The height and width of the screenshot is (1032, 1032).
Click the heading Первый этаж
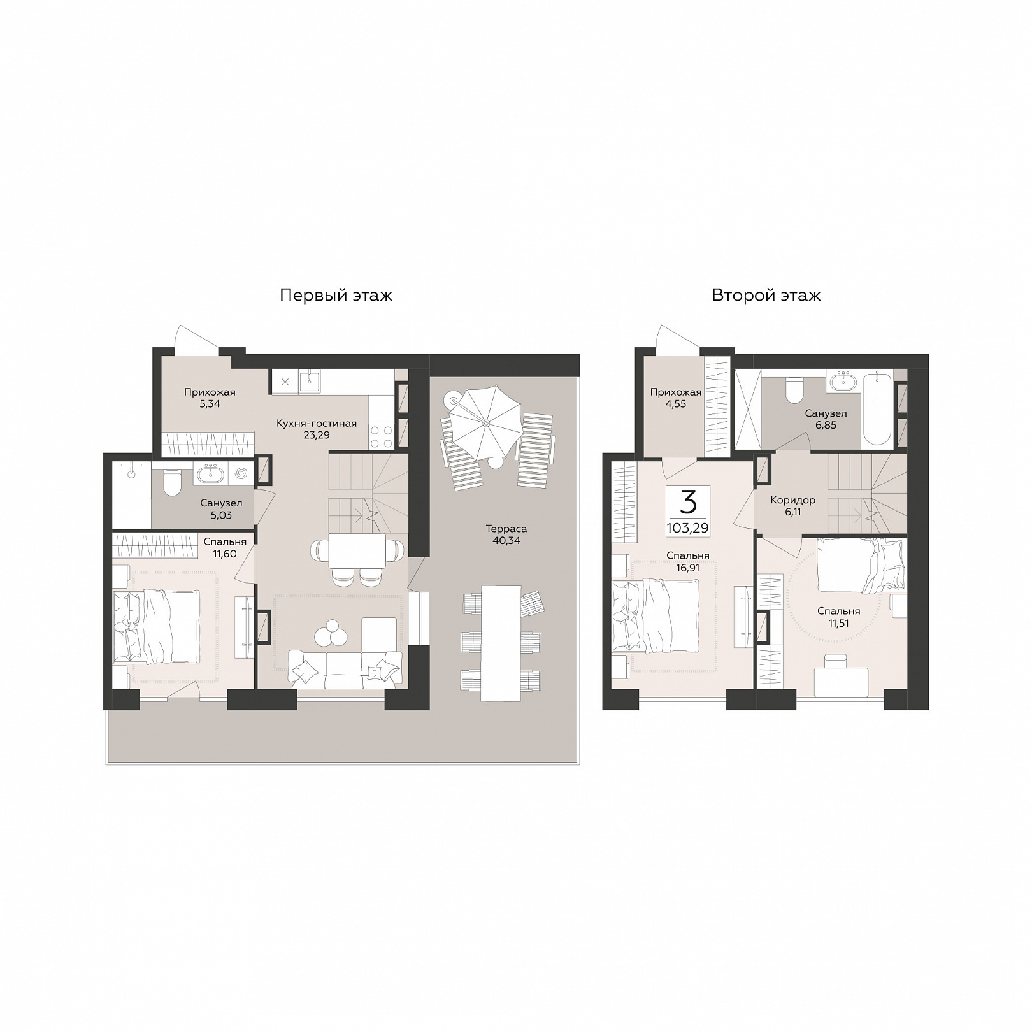(x=336, y=296)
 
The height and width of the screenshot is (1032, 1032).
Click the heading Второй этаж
(x=766, y=296)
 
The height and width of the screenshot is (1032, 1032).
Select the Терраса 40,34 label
(x=506, y=534)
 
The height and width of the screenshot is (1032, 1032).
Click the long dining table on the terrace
(x=501, y=643)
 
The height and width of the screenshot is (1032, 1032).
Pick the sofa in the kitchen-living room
(x=345, y=669)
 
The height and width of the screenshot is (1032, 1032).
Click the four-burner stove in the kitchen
(x=381, y=436)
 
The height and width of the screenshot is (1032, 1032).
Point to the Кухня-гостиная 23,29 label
(x=317, y=429)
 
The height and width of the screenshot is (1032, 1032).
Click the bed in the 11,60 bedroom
(x=157, y=626)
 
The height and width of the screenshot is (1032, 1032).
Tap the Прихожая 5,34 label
(x=210, y=398)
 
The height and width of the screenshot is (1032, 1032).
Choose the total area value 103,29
(x=687, y=528)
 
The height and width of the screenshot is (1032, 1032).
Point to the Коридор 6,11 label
(x=792, y=506)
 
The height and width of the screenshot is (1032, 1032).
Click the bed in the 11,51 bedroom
(x=861, y=564)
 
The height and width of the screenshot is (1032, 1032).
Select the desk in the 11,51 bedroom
(x=842, y=682)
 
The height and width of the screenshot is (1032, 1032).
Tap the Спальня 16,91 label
(x=687, y=561)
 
